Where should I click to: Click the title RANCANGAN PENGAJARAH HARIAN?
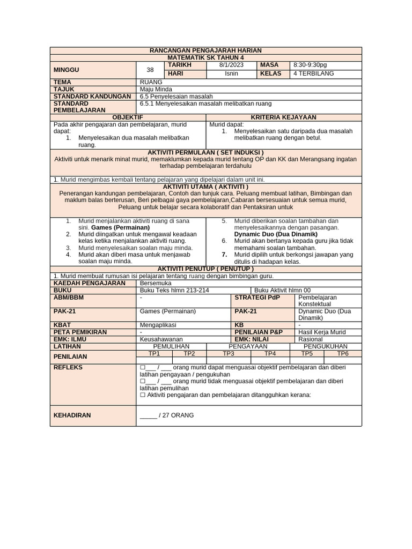[206, 50]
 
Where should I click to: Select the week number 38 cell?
[150, 69]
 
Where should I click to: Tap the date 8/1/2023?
[231, 65]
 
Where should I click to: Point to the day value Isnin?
[231, 73]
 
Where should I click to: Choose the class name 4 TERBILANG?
[313, 73]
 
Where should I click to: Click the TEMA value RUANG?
[151, 82]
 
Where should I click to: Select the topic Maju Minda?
[156, 89]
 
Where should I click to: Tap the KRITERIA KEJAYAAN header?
[284, 117]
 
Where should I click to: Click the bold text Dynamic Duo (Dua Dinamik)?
[276, 234]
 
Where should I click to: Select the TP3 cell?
[229, 354]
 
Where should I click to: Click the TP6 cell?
[342, 354]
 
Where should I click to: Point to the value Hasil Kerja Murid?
[322, 332]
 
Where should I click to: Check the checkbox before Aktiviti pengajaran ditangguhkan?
[143, 395]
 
